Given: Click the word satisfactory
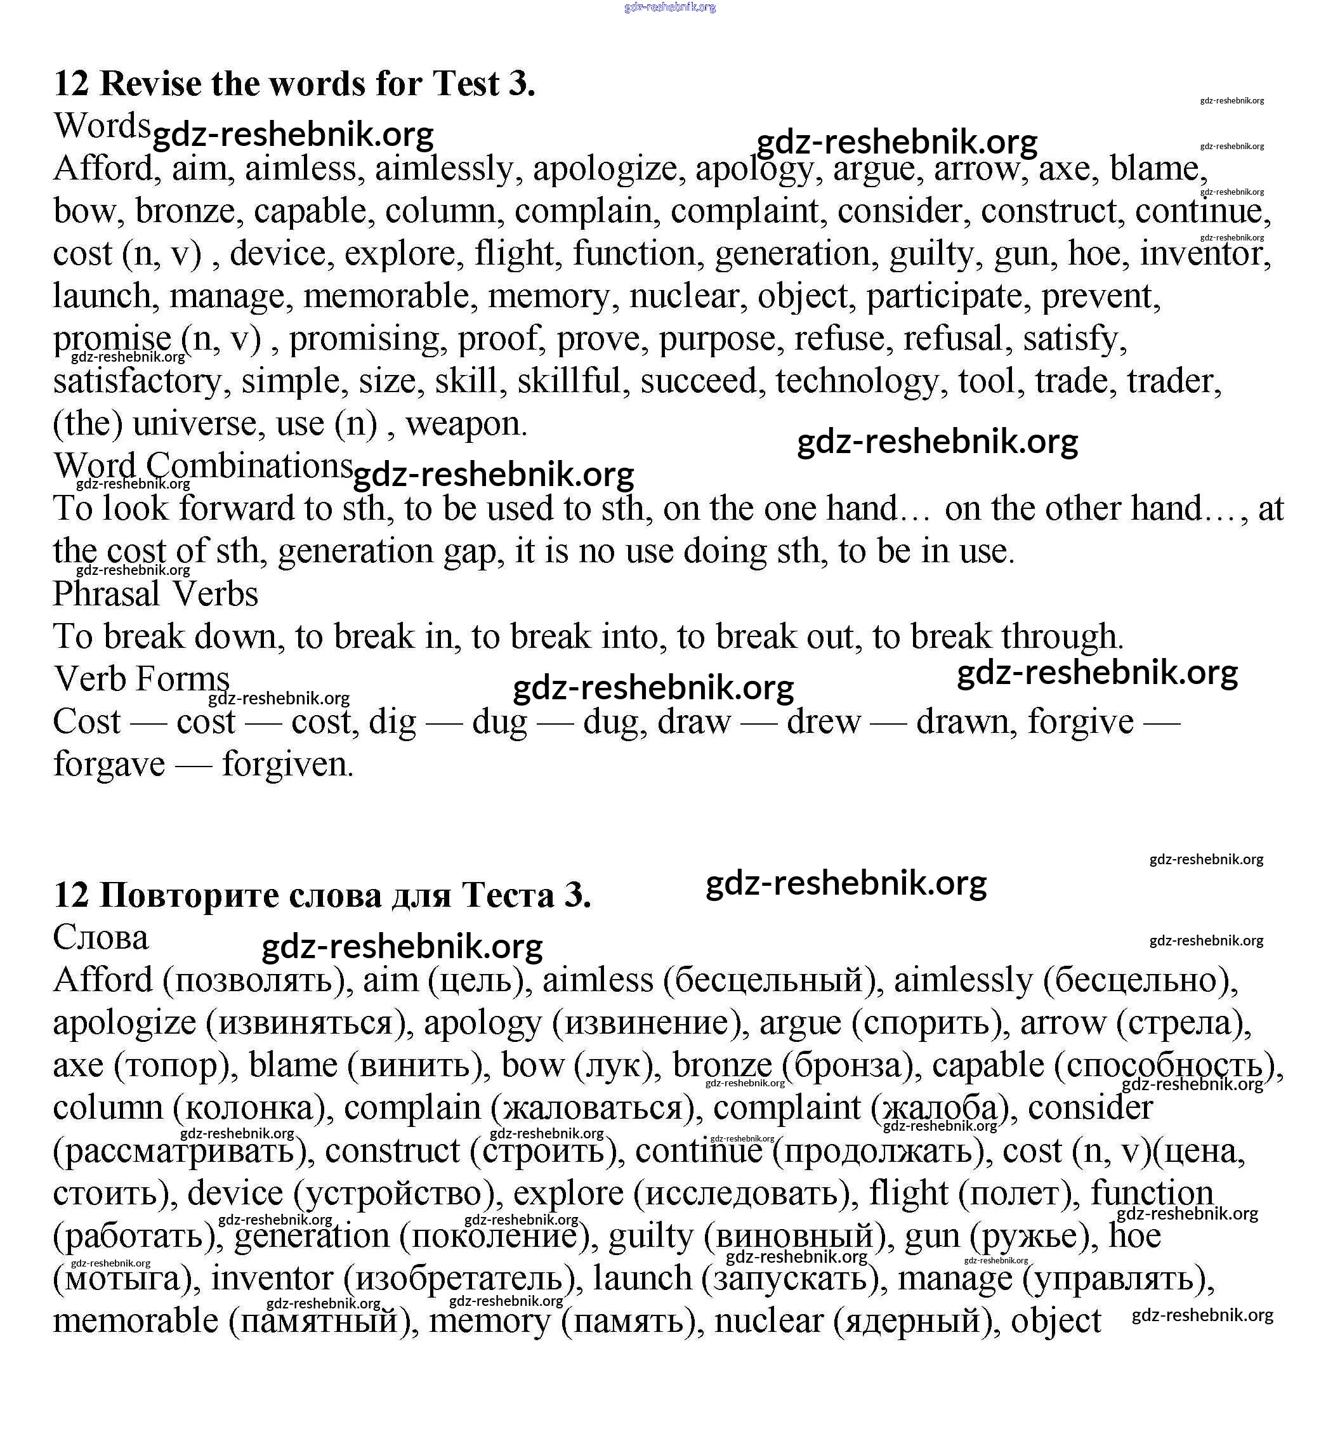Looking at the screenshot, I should [137, 381].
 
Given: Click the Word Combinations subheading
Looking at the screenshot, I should [203, 466].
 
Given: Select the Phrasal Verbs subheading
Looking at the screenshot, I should [155, 594].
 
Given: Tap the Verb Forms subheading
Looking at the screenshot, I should [141, 680].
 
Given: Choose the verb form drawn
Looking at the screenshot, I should [965, 722].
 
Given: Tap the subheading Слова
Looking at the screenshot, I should [100, 938].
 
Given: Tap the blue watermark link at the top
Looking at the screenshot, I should [669, 7].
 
